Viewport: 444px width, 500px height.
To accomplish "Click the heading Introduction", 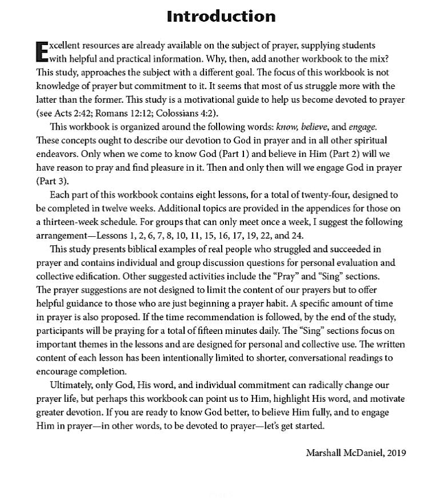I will pos(221,16).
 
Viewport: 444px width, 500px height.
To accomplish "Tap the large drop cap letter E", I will pos(42,51).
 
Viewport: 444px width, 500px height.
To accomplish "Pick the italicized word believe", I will pos(314,127).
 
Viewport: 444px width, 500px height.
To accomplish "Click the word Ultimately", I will pos(73,385).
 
